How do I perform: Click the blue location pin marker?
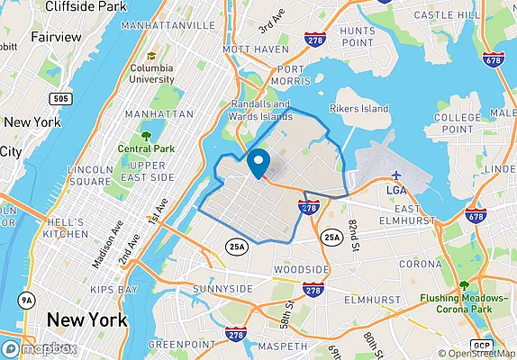(x=258, y=163)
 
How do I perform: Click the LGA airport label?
(x=396, y=190)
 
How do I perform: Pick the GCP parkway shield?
(x=484, y=346)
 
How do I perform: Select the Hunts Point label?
(x=357, y=36)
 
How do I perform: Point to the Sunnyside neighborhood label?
(x=222, y=288)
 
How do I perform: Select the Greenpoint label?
(x=181, y=344)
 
